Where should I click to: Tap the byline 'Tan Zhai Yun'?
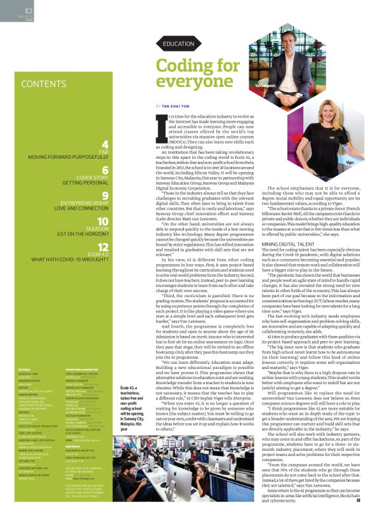[x=180, y=105]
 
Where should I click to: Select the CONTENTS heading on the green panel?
[x=43, y=84]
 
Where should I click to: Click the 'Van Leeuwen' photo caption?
[x=267, y=84]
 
